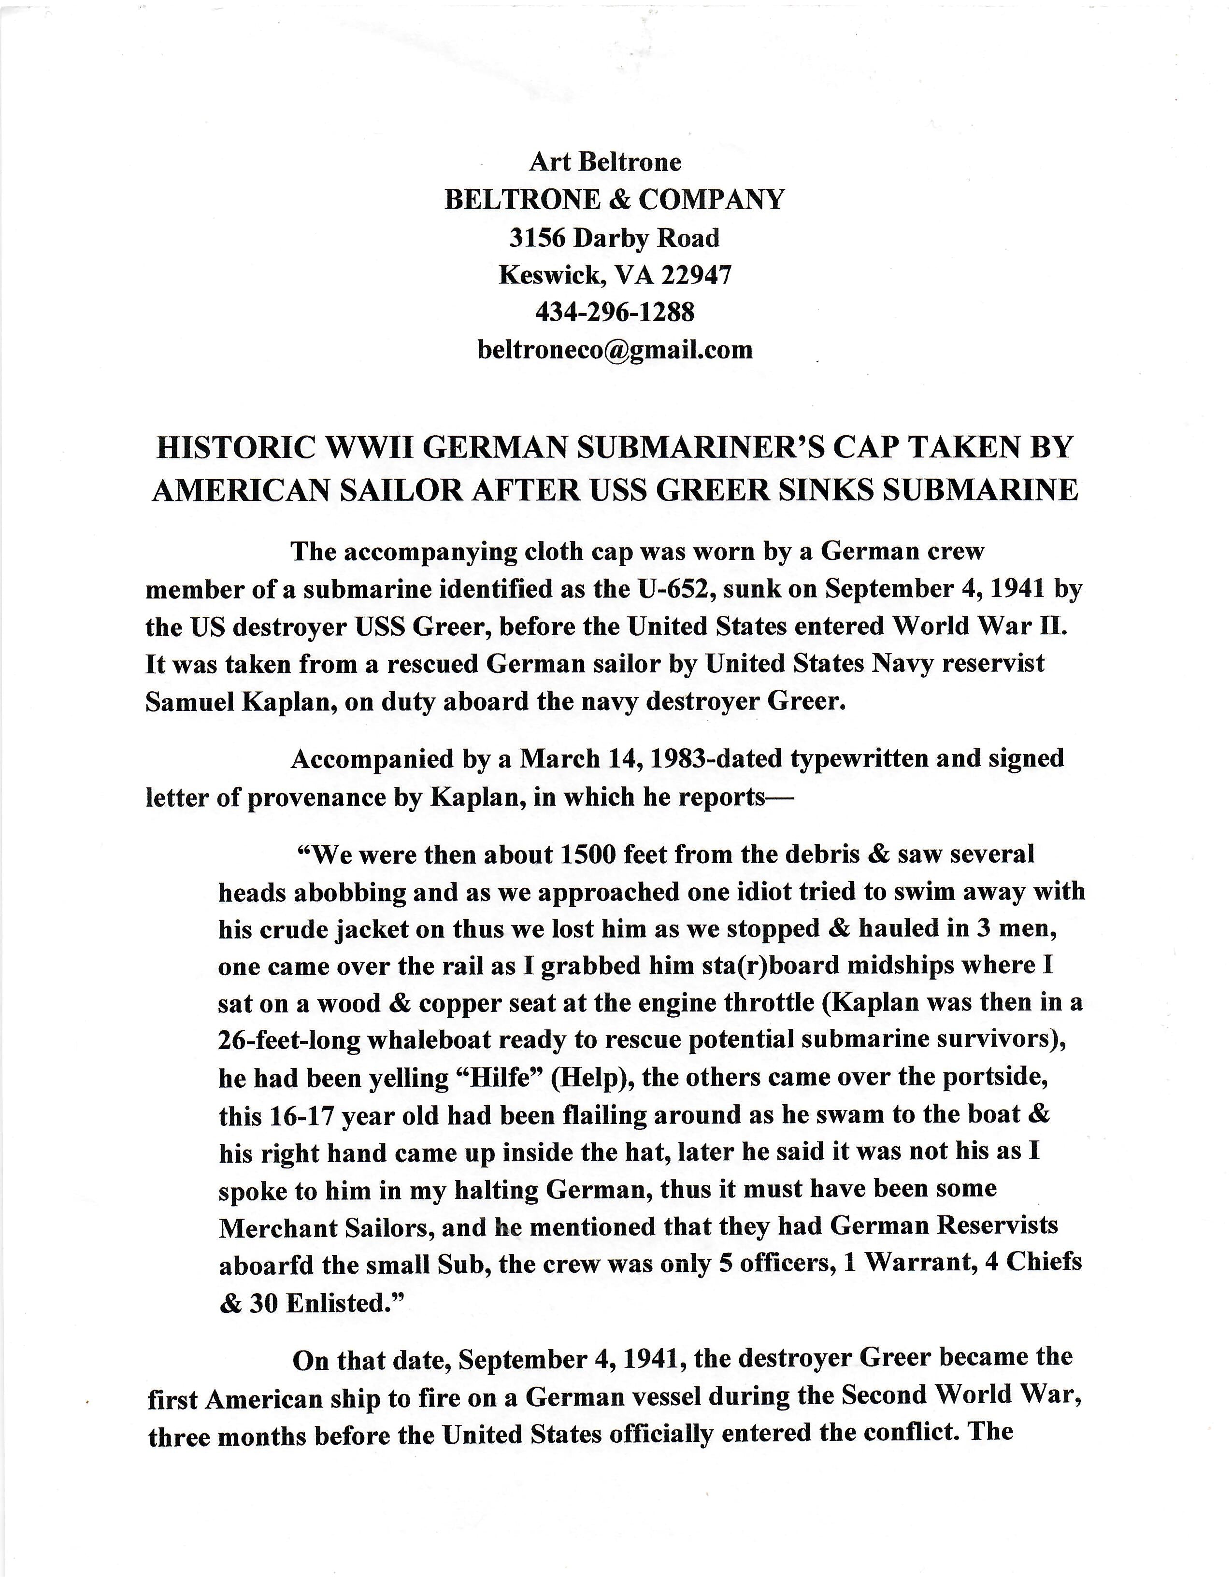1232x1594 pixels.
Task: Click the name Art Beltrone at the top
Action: [x=605, y=161]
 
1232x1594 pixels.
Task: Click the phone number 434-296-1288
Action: [x=615, y=313]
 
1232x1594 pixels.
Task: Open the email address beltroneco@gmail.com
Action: [x=615, y=350]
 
